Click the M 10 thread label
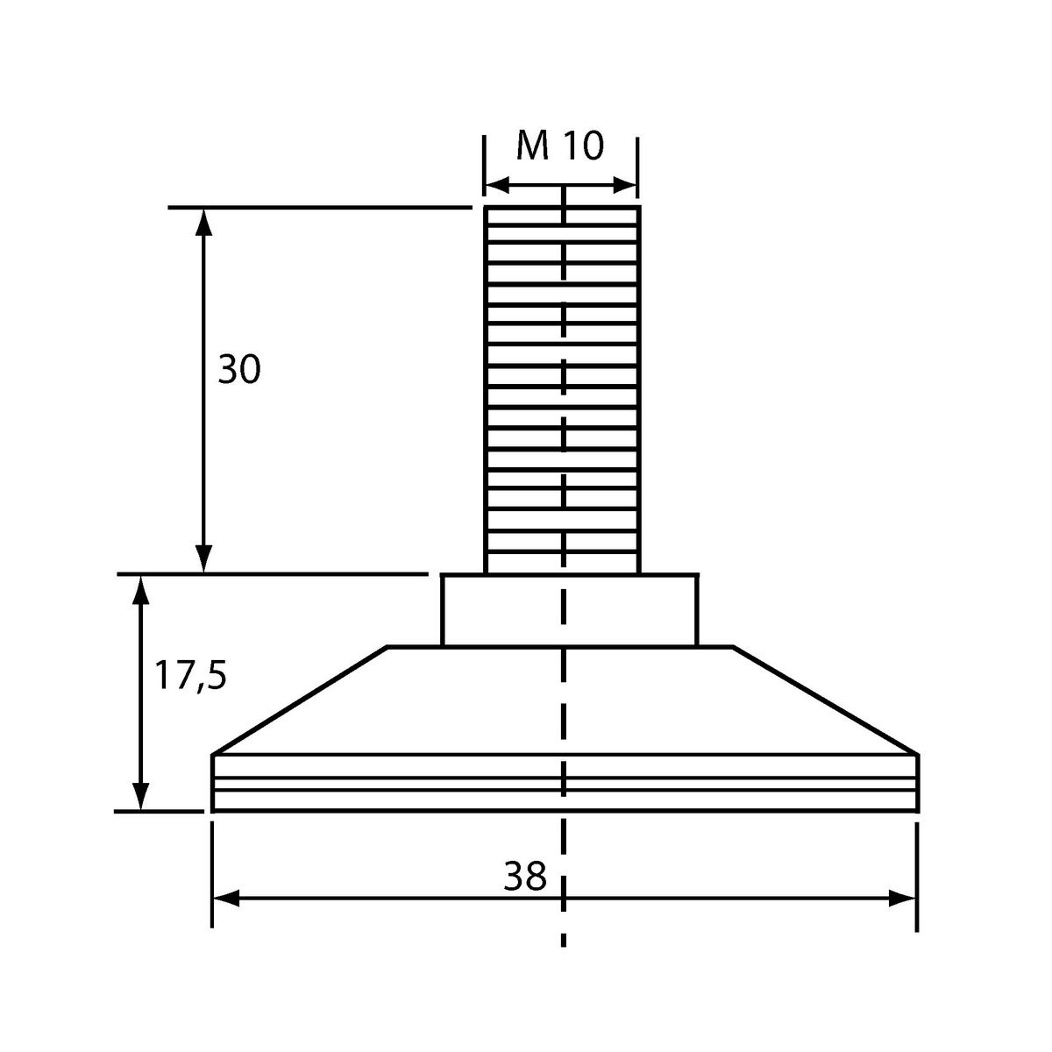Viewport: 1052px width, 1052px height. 560,146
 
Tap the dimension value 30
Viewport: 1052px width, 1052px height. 239,369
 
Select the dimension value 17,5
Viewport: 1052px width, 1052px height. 190,675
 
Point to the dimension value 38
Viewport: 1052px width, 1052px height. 524,876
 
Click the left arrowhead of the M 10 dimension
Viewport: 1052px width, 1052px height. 497,185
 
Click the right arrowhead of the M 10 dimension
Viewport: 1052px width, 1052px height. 625,185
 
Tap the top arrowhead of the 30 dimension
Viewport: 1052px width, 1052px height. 203,221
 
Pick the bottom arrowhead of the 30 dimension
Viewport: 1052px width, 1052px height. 203,559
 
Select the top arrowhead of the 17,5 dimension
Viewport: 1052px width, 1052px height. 141,590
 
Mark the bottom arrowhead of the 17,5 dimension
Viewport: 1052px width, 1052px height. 141,797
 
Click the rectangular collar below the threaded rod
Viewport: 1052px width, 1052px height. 570,610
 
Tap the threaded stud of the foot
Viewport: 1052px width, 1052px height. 562,390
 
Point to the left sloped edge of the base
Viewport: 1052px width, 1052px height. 300,701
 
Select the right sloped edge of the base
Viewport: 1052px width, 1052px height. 826,701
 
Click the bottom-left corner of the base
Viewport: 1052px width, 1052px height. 212,811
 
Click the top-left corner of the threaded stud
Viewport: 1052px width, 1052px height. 486,207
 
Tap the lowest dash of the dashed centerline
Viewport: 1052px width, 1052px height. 564,938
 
